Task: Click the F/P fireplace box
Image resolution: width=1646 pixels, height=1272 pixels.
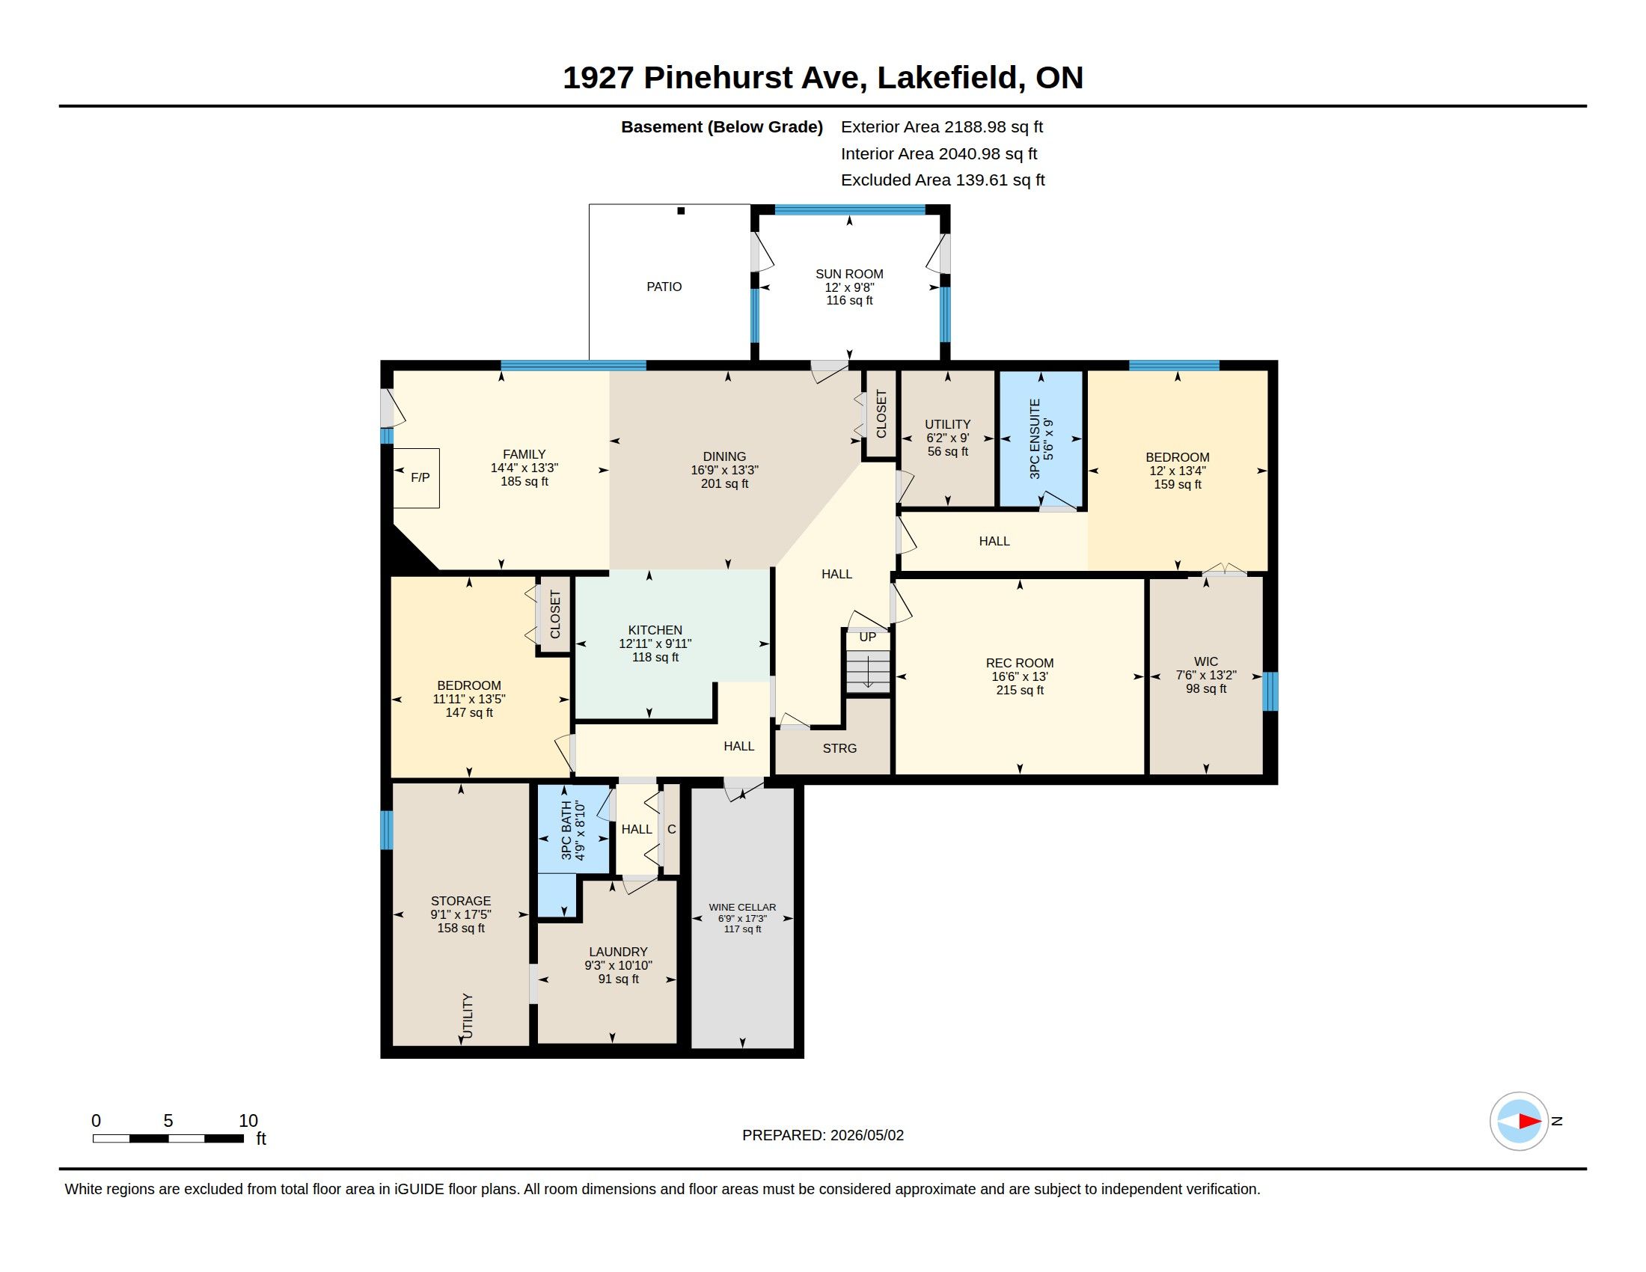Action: (x=417, y=478)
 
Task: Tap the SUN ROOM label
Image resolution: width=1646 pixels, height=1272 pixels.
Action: (x=849, y=275)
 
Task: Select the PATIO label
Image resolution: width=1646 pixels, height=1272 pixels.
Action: (x=664, y=287)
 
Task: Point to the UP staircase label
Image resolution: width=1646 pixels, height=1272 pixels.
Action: (x=867, y=637)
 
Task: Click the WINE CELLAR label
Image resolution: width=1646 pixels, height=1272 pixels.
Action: (x=742, y=908)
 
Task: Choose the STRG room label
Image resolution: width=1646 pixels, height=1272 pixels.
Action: (x=839, y=748)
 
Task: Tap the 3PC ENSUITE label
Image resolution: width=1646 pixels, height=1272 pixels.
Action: (x=1035, y=438)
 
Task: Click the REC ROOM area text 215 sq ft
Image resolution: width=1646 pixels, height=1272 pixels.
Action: (x=1020, y=691)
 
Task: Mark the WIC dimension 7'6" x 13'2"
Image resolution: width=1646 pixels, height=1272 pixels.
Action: (x=1206, y=675)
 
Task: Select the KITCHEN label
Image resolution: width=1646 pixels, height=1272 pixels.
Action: (x=655, y=630)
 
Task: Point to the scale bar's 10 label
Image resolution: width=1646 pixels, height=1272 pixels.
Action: (x=248, y=1121)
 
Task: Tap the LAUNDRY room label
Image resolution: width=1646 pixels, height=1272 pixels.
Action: (x=618, y=952)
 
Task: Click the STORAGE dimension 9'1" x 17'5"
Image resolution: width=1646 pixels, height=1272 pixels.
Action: (x=460, y=914)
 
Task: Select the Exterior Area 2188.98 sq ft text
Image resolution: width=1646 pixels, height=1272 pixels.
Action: (x=942, y=126)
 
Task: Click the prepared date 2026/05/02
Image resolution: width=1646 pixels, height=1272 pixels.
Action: (x=866, y=1135)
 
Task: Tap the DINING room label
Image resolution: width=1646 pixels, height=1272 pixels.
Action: (x=724, y=456)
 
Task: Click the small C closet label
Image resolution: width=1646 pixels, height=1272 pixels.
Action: (x=672, y=829)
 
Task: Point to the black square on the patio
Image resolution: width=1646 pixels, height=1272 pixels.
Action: (x=681, y=211)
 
